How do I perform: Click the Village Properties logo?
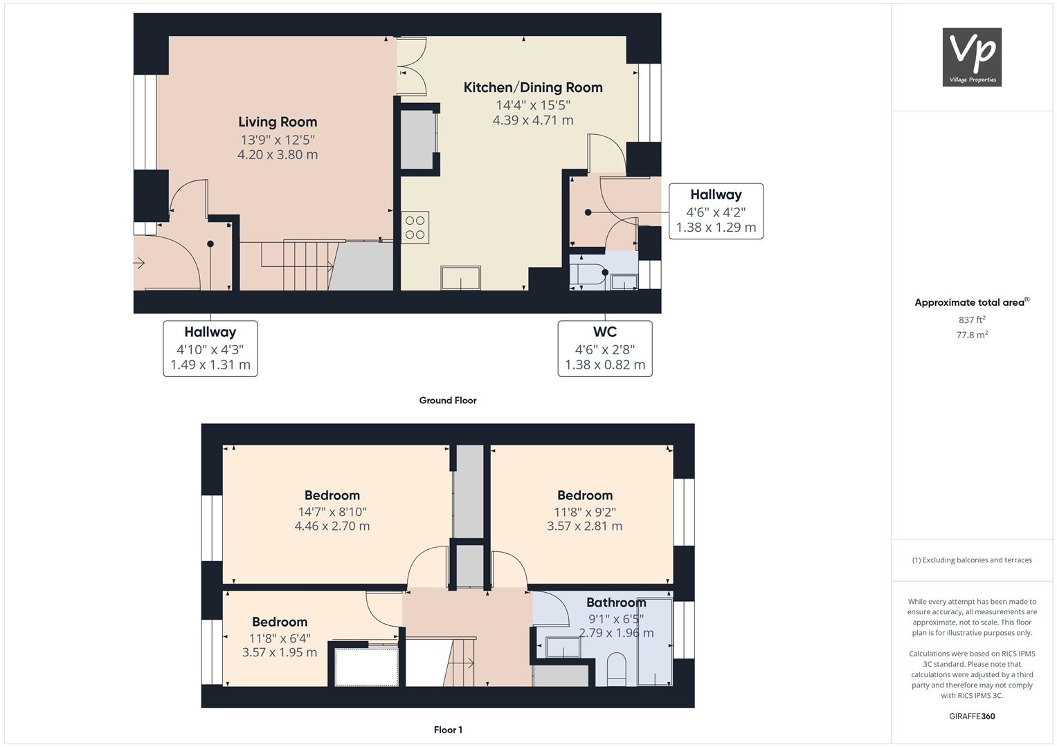972,57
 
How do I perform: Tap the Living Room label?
278,122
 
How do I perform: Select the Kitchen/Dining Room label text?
532,87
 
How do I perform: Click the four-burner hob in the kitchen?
415,228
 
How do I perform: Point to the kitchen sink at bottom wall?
462,277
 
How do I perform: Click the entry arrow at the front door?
138,263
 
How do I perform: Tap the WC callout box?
604,348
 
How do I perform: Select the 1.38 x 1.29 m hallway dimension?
716,228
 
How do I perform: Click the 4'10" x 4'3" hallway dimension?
210,350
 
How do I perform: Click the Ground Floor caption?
448,400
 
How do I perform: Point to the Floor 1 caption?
448,730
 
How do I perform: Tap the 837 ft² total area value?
972,320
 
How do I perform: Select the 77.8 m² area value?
972,335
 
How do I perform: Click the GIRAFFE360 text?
972,716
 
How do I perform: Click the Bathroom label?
616,602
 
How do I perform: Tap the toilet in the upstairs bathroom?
615,670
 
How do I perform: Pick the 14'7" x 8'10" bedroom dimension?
332,512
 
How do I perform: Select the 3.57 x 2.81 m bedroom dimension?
584,526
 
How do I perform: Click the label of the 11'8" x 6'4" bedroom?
280,622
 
